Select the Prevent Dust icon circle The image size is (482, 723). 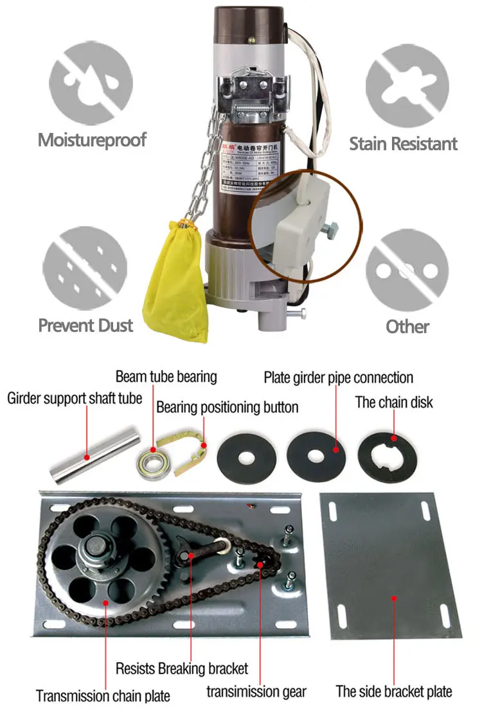tap(85, 268)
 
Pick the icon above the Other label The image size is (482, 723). tap(407, 269)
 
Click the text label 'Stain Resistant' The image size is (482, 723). tap(403, 143)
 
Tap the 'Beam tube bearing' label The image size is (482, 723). tap(166, 376)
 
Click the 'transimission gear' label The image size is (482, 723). tap(256, 692)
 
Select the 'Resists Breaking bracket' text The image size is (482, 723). tap(182, 668)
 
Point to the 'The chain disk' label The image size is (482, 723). tap(394, 403)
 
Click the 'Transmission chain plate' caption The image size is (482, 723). tap(103, 695)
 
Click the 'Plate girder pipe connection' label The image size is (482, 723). tap(338, 377)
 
